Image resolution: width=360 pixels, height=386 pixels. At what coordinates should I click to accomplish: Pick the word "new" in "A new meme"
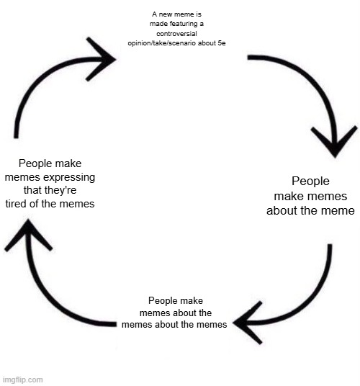[x=169, y=14]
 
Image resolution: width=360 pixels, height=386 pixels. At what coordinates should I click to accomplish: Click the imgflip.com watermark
[x=22, y=380]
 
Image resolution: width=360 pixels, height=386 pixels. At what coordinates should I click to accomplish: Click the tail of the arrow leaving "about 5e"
[x=251, y=58]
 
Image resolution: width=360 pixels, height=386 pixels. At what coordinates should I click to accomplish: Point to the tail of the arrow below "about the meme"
[x=330, y=248]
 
